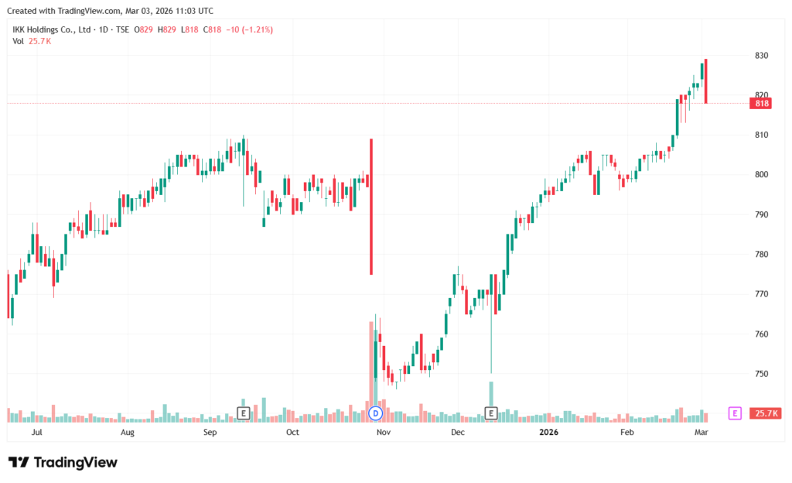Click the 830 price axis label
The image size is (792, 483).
click(761, 56)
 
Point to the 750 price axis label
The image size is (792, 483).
click(761, 374)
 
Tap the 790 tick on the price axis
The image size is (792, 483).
click(761, 214)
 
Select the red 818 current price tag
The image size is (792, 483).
click(761, 103)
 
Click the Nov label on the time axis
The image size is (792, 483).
click(381, 433)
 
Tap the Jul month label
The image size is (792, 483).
click(36, 433)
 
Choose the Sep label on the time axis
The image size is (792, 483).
click(210, 433)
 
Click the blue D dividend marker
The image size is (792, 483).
click(377, 413)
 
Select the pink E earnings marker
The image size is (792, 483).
click(735, 413)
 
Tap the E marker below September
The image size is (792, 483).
click(243, 413)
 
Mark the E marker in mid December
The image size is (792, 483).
click(490, 413)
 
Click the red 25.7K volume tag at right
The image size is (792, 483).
click(766, 413)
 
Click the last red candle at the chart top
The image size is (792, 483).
click(706, 81)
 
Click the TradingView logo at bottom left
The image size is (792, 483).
click(63, 462)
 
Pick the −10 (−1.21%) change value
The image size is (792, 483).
click(247, 29)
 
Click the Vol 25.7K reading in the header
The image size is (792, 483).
click(32, 41)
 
